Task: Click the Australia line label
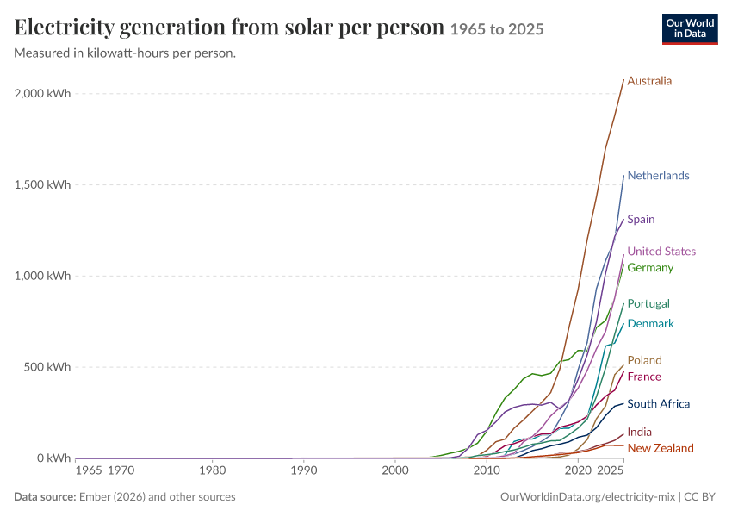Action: pyautogui.click(x=649, y=81)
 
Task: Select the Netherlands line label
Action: pyautogui.click(x=658, y=175)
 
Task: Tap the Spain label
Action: pyautogui.click(x=641, y=219)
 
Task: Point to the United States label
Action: pyautogui.click(x=661, y=252)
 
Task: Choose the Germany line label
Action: pyautogui.click(x=650, y=268)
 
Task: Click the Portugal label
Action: pyautogui.click(x=648, y=303)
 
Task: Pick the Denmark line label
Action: pyautogui.click(x=651, y=324)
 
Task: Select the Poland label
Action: pyautogui.click(x=645, y=360)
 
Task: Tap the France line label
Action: pyautogui.click(x=644, y=377)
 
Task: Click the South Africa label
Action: pyautogui.click(x=658, y=403)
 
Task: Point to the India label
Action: pyautogui.click(x=640, y=432)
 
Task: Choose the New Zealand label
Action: pyautogui.click(x=661, y=448)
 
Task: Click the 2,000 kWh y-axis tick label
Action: pyautogui.click(x=42, y=93)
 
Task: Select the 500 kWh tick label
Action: pyautogui.click(x=47, y=366)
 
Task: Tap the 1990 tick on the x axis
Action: pyautogui.click(x=304, y=470)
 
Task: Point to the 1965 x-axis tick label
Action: pyautogui.click(x=88, y=470)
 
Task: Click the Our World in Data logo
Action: pyautogui.click(x=690, y=29)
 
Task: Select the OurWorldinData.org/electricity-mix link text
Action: pyautogui.click(x=587, y=497)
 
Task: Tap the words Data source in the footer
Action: pyautogui.click(x=45, y=497)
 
